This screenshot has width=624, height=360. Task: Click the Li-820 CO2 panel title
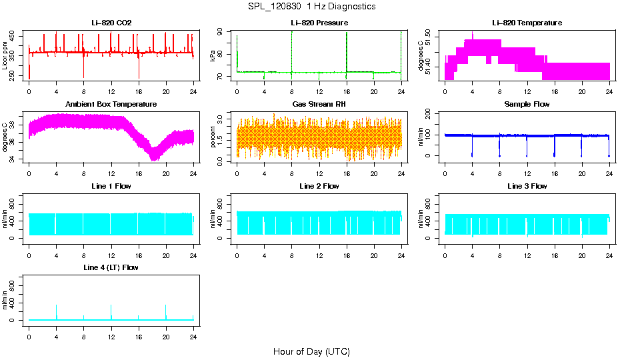tap(111, 23)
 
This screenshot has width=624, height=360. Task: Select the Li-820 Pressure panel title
tap(319, 23)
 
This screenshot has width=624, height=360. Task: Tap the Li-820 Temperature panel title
tap(527, 23)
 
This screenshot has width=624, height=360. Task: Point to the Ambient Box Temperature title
tap(111, 105)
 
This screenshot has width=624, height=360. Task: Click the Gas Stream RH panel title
tap(319, 105)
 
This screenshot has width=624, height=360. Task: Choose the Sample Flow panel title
tap(527, 105)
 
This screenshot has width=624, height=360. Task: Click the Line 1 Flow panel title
tap(111, 187)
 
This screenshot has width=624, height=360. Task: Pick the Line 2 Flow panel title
tap(319, 187)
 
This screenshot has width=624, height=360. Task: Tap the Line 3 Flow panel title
tap(527, 187)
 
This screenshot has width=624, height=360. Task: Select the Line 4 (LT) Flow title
tap(111, 268)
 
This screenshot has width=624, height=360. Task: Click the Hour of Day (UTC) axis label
tap(311, 351)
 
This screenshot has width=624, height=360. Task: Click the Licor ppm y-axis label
tap(6, 55)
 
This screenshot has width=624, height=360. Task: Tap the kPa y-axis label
tap(213, 55)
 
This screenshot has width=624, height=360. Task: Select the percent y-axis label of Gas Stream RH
tap(213, 137)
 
